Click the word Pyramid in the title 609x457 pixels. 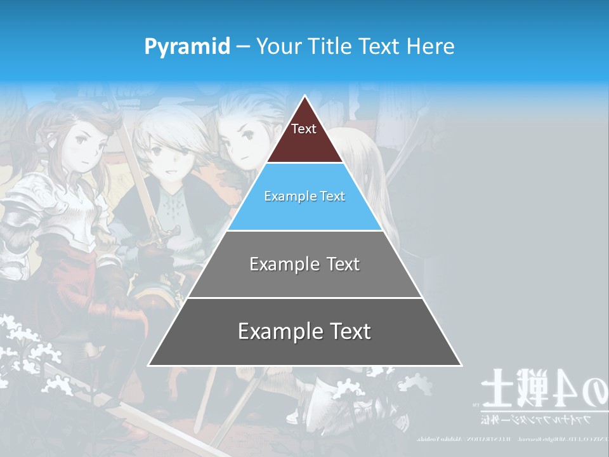(187, 46)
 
